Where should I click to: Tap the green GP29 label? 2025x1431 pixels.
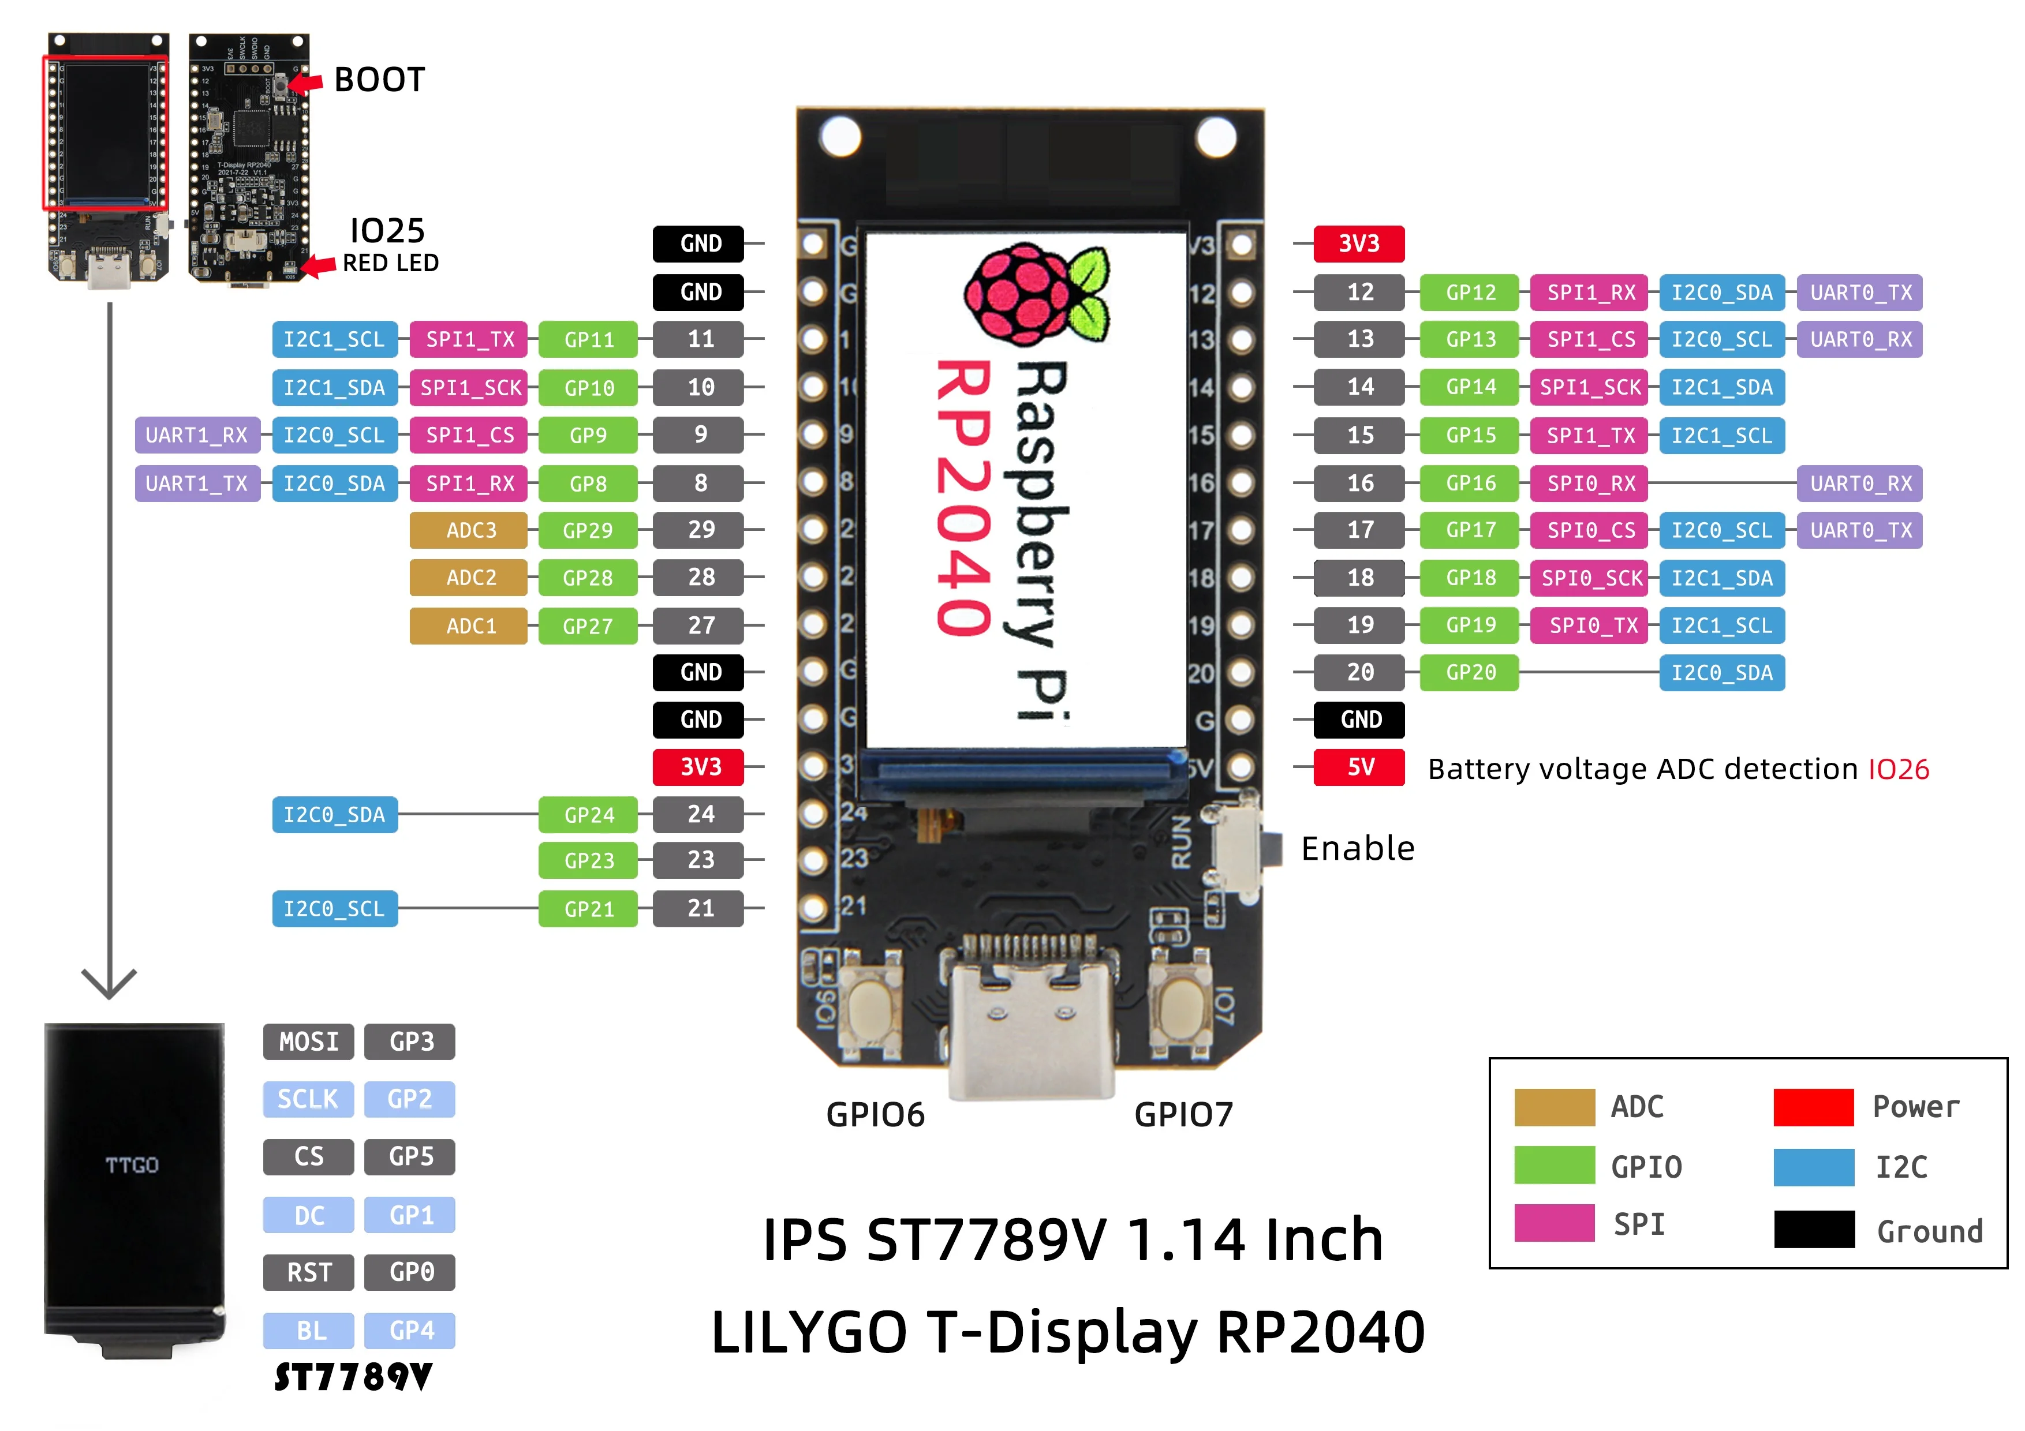coord(588,530)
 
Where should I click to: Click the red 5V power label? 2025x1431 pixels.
coord(1358,767)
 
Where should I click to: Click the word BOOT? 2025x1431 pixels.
coord(379,80)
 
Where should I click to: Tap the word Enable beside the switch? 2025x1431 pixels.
coord(1357,848)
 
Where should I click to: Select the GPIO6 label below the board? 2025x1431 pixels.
coord(875,1114)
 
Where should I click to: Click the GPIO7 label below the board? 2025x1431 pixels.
coord(1183,1114)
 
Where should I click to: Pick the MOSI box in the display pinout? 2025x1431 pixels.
coord(308,1042)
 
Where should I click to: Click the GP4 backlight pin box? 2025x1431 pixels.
coord(410,1329)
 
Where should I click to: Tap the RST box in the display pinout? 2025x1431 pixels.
coord(308,1272)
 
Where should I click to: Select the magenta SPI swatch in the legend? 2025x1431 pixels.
coord(1554,1223)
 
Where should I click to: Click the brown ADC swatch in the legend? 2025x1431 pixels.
coord(1554,1107)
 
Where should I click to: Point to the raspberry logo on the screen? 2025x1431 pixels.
coord(1036,294)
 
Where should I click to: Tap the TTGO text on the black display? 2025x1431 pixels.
coord(132,1166)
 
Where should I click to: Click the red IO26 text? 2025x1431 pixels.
coord(1898,769)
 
